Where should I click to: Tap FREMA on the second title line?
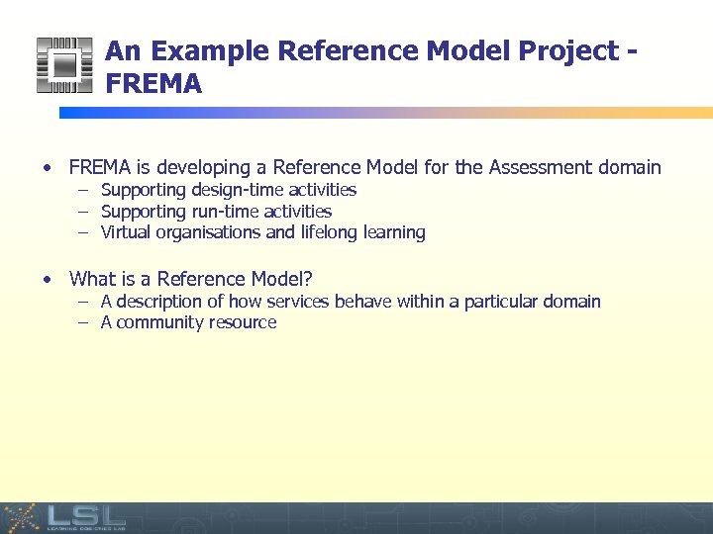tap(153, 85)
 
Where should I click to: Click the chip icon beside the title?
tap(63, 65)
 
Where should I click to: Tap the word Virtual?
tap(124, 233)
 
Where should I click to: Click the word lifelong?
tap(331, 233)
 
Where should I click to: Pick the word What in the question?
tap(92, 280)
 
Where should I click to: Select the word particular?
tap(496, 302)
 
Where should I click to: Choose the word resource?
tap(242, 323)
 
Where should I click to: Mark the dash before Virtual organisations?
tap(85, 233)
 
